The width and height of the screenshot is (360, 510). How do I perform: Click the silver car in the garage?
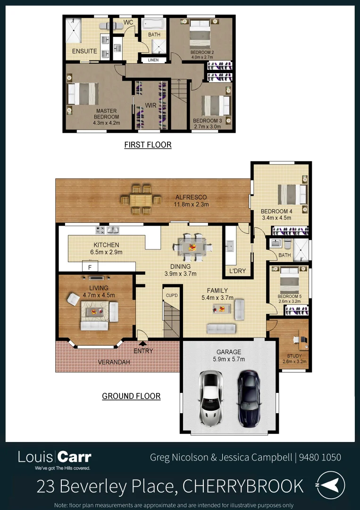(211, 391)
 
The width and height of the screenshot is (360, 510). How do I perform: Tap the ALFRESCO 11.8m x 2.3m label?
(191, 201)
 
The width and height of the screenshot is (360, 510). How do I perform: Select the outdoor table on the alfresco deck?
(141, 200)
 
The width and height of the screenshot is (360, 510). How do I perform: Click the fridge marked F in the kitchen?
(90, 267)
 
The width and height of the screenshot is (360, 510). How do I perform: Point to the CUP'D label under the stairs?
(171, 295)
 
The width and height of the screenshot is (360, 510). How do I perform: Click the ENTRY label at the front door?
(143, 351)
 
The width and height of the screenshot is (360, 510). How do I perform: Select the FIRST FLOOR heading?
(148, 145)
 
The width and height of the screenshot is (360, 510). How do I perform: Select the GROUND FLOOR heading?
(131, 396)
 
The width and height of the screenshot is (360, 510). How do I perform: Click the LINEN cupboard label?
(153, 60)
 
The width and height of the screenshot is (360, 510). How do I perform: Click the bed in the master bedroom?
(83, 93)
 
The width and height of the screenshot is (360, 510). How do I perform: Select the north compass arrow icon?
(330, 484)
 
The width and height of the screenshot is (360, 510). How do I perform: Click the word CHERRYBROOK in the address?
(243, 485)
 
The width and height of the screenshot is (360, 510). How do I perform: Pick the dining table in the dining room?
(193, 247)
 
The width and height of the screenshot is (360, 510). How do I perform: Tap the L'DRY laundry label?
(237, 272)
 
